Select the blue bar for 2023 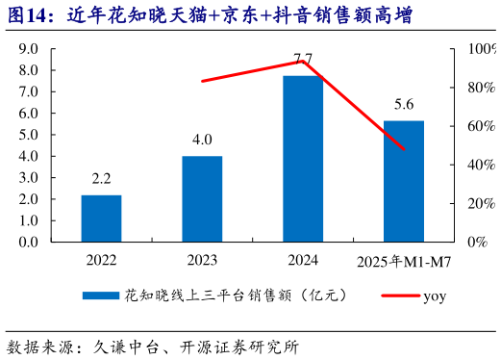(x=202, y=198)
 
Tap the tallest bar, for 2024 (x=303, y=158)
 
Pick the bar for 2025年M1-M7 (x=404, y=181)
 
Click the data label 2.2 (x=101, y=179)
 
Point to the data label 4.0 (x=202, y=141)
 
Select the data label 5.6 (x=404, y=105)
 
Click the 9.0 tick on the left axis (x=29, y=49)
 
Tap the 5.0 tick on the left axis (x=29, y=135)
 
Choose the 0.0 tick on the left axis (x=29, y=242)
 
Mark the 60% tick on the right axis (x=480, y=126)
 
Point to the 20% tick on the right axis (x=480, y=203)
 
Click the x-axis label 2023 (x=202, y=261)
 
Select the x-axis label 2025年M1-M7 (x=401, y=261)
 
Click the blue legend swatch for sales (x=100, y=296)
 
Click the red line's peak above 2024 (x=302, y=62)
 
